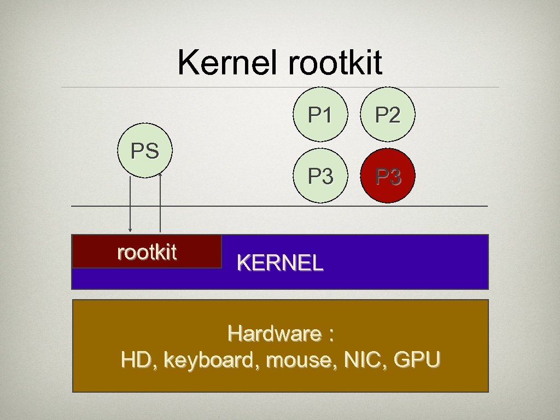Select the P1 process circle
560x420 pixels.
click(x=320, y=115)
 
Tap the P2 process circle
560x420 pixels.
click(x=387, y=115)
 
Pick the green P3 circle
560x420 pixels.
click(x=320, y=176)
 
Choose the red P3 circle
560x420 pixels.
click(x=388, y=176)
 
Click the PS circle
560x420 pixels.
click(x=145, y=151)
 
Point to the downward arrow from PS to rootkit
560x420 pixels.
click(x=130, y=208)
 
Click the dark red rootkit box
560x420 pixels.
click(x=147, y=252)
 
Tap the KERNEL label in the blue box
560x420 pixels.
click(x=280, y=264)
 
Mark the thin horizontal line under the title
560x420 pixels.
click(x=280, y=87)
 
